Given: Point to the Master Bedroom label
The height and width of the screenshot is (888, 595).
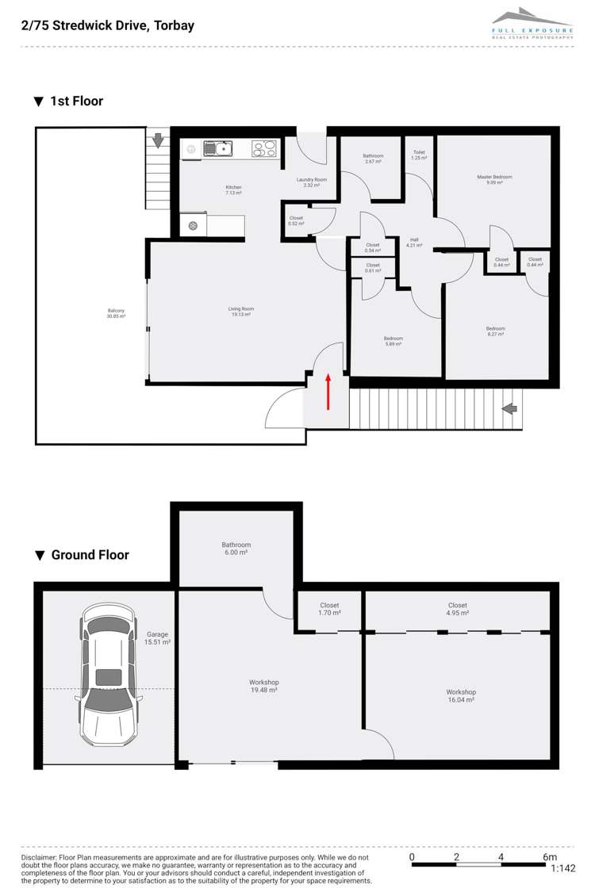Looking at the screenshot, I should tap(494, 179).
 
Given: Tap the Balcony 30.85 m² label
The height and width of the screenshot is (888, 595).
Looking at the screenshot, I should tap(117, 313).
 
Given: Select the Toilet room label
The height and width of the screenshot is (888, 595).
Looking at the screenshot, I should tap(419, 155).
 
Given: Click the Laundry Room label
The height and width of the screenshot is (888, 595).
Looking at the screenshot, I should tap(312, 182).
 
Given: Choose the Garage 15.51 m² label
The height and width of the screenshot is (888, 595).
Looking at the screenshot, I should tap(158, 639).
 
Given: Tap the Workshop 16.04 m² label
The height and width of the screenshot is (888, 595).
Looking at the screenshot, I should tap(460, 696).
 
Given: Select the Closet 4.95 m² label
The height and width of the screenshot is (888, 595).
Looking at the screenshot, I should tap(458, 609).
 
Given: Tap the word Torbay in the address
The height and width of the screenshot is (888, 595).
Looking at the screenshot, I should tap(175, 25).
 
